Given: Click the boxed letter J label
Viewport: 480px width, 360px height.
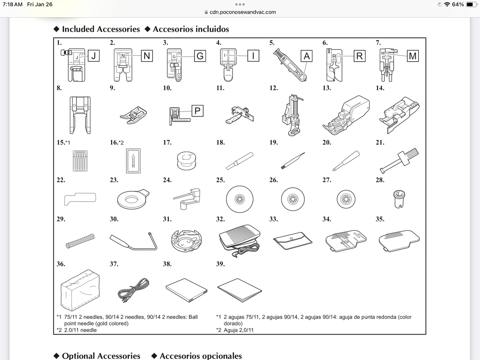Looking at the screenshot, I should click(x=93, y=56).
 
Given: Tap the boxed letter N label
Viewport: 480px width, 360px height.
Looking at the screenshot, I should click(x=147, y=56).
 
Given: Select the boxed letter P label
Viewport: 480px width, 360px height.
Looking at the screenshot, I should click(x=197, y=111).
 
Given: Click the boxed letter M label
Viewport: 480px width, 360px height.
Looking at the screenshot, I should click(x=413, y=56).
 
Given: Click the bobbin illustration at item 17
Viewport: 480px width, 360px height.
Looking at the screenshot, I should click(x=186, y=161).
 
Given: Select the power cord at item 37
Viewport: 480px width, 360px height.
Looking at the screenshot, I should click(x=133, y=290).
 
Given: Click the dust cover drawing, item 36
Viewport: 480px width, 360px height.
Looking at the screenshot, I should click(x=80, y=290).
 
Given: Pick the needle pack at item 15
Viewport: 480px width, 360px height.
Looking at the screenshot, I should click(x=80, y=161).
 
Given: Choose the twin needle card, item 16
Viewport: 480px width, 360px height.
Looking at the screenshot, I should click(x=133, y=161).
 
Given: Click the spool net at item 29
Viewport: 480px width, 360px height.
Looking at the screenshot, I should click(x=80, y=241).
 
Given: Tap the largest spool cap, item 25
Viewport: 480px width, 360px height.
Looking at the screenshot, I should click(x=240, y=199).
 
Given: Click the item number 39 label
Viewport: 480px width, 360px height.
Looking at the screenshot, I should click(x=220, y=264).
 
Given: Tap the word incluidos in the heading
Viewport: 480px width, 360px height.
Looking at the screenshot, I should click(x=210, y=29).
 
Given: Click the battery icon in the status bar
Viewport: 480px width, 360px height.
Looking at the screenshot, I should click(x=471, y=4).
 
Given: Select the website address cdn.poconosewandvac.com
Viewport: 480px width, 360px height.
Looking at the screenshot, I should click(x=242, y=12).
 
